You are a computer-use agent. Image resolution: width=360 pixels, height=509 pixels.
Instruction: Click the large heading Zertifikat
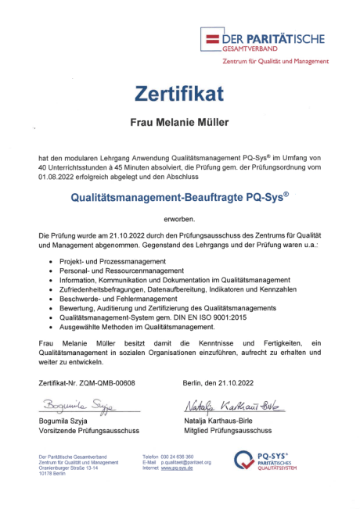coord(179,94)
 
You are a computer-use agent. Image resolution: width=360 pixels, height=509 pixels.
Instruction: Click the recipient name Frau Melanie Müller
coord(179,123)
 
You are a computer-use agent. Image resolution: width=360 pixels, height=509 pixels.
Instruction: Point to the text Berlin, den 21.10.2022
coord(219,383)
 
